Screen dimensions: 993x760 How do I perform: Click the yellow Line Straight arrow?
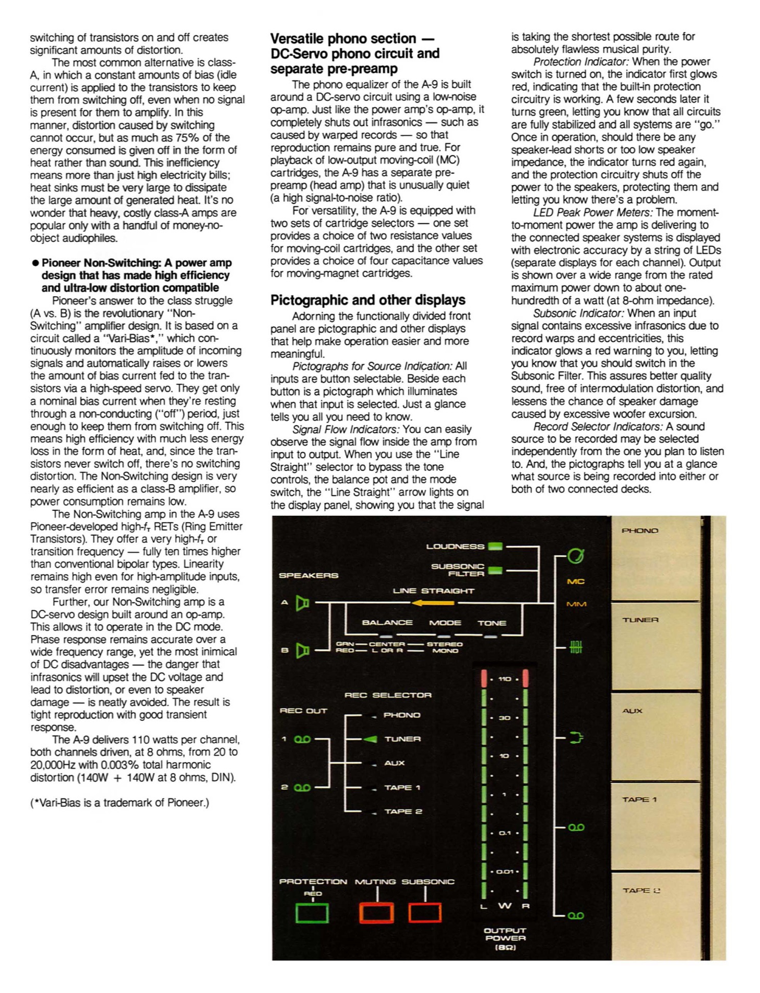click(x=433, y=603)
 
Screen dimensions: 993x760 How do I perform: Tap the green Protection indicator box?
click(x=312, y=913)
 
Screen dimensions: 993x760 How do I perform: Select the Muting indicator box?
click(x=376, y=913)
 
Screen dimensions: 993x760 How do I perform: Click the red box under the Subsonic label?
click(x=424, y=913)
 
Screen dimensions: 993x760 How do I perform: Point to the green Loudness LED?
click(x=495, y=547)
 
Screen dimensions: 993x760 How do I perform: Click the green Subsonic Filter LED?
click(x=495, y=570)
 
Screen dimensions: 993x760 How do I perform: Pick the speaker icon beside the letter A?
click(x=303, y=603)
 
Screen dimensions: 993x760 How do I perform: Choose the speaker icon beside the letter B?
click(x=303, y=651)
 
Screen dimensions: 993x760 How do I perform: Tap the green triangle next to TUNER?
click(x=371, y=739)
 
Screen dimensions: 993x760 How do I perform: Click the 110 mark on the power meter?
click(x=505, y=679)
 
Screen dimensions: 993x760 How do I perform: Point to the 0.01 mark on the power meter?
click(x=505, y=871)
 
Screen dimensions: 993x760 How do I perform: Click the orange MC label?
click(x=576, y=581)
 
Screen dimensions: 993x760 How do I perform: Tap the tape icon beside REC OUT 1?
click(x=302, y=739)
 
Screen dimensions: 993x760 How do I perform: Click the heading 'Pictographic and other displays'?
click(x=368, y=300)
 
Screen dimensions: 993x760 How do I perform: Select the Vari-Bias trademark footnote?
click(x=120, y=802)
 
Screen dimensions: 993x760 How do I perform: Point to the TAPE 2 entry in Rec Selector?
click(x=403, y=811)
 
